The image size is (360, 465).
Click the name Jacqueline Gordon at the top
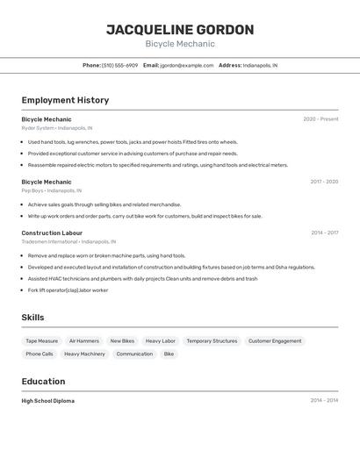180,30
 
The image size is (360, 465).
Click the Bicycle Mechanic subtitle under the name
180,44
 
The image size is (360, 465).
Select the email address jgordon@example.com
186,65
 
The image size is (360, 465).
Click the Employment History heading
65,100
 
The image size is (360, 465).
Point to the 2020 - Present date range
320,119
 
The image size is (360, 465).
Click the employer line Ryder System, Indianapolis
56,128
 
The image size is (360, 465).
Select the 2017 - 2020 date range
324,182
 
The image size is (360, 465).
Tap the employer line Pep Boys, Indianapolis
51,190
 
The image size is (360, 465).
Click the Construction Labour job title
52,232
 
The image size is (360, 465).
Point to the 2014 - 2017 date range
324,232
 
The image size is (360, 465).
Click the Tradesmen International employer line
68,241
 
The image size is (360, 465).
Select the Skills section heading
32,318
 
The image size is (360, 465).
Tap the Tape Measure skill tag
41,340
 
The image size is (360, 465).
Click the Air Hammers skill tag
83,340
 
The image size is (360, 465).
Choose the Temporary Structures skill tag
212,340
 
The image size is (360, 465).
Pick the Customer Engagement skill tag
275,340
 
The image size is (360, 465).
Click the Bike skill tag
169,354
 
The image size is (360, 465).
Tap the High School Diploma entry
47,401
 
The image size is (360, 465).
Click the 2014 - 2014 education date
324,401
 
